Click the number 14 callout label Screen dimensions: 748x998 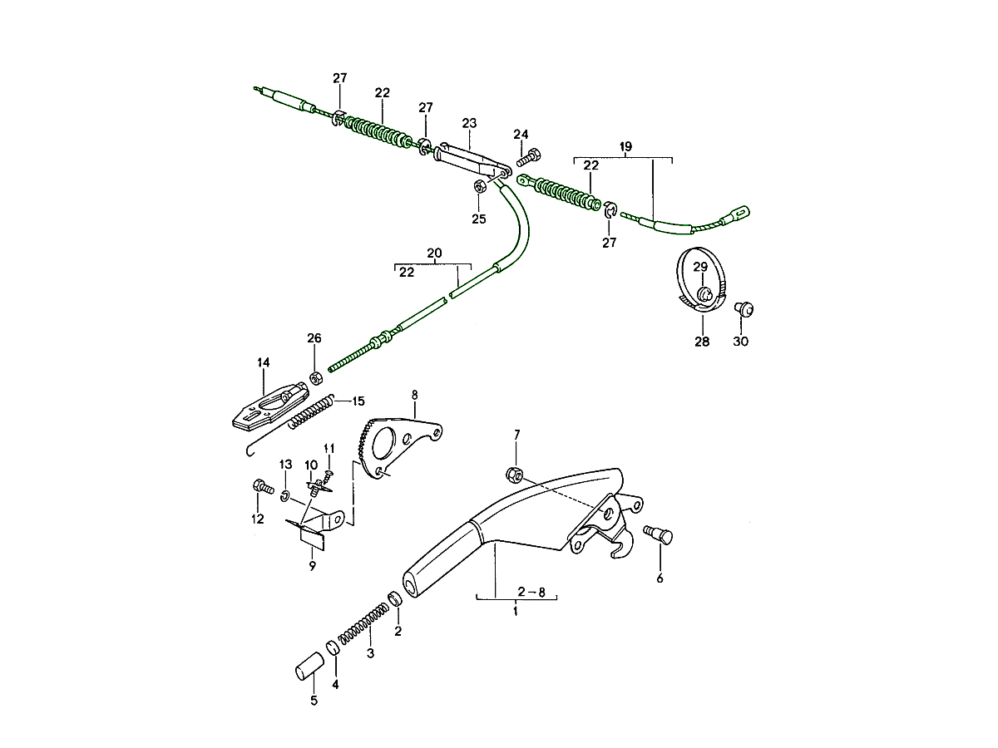(263, 362)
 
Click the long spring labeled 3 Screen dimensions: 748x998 (364, 623)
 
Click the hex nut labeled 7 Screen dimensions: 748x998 (514, 475)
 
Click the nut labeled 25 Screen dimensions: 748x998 (479, 186)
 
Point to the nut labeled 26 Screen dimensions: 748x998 (316, 379)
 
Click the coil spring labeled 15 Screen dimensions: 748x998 (311, 411)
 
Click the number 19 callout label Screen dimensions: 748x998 (625, 146)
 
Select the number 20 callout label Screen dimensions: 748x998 (434, 253)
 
